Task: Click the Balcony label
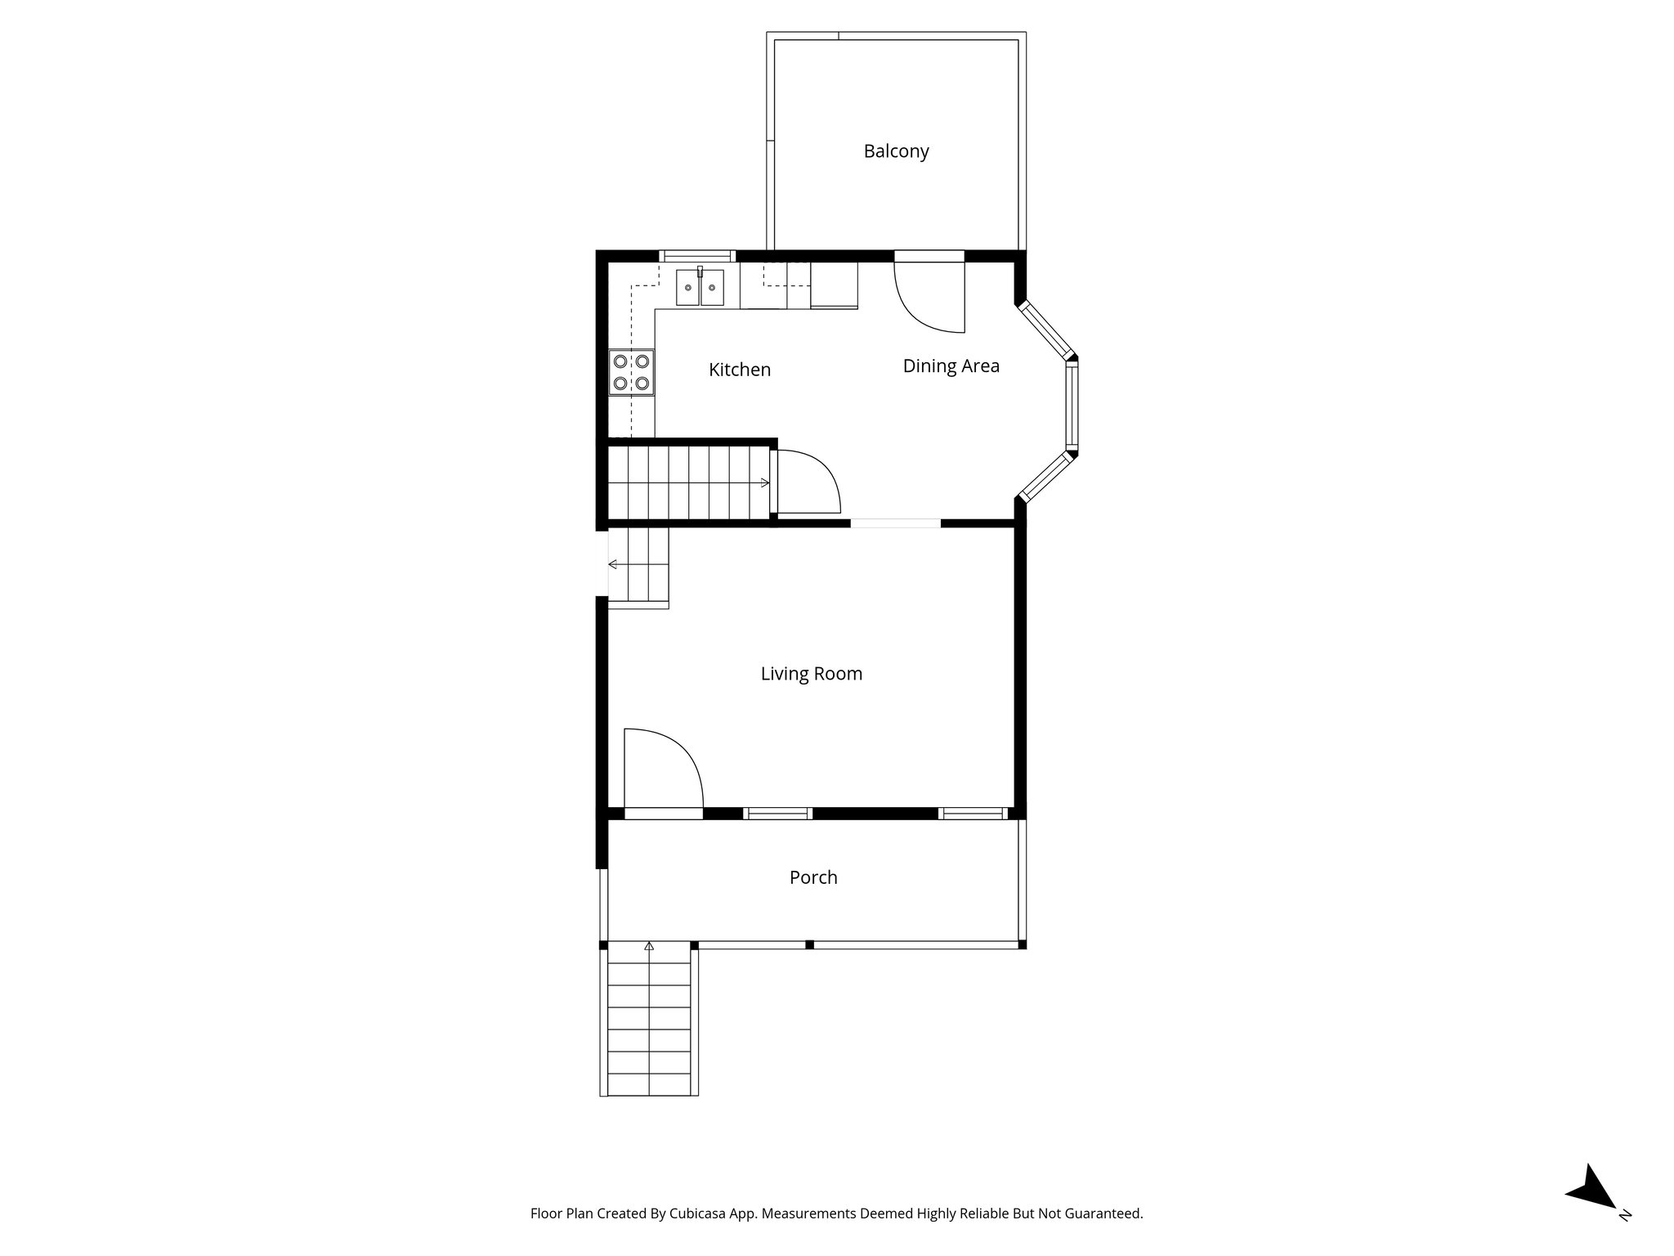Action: (896, 151)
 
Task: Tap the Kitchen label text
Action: (739, 370)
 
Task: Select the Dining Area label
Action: (951, 366)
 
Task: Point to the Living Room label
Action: (811, 674)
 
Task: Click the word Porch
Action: (813, 877)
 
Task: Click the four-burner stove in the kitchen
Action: (632, 372)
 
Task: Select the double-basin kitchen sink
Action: (700, 287)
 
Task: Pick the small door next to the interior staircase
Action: (808, 482)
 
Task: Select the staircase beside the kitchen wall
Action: (689, 482)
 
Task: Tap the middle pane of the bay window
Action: (1071, 406)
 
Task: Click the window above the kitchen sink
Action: (697, 255)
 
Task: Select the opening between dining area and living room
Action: (896, 523)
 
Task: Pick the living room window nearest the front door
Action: (777, 813)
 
